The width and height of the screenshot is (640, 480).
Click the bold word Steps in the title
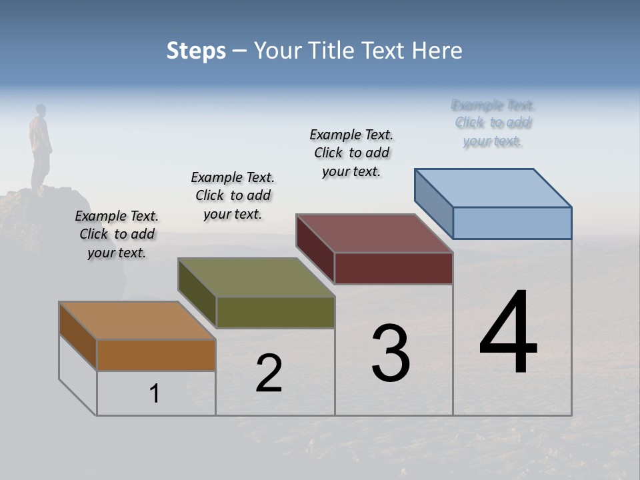click(x=196, y=51)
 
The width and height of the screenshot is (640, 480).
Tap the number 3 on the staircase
click(x=390, y=353)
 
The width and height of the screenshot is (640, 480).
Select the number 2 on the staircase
click(x=269, y=373)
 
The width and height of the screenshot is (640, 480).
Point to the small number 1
click(x=155, y=393)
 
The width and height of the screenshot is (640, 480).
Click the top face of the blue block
click(x=493, y=187)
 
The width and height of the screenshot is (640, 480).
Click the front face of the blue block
click(x=512, y=223)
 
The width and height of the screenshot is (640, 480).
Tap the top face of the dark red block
click(x=375, y=233)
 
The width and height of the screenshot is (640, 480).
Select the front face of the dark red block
click(x=393, y=268)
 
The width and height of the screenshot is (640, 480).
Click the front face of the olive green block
click(x=275, y=312)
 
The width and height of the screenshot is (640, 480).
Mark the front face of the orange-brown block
click(x=156, y=355)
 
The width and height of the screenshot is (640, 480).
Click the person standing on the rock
click(x=41, y=147)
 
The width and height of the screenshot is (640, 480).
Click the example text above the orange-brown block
click(x=117, y=234)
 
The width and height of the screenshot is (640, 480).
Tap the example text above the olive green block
click(x=233, y=195)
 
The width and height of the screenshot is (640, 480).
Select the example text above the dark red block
click(x=351, y=153)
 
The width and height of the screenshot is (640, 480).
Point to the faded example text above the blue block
click(x=493, y=123)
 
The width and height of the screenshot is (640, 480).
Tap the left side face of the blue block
click(x=434, y=203)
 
